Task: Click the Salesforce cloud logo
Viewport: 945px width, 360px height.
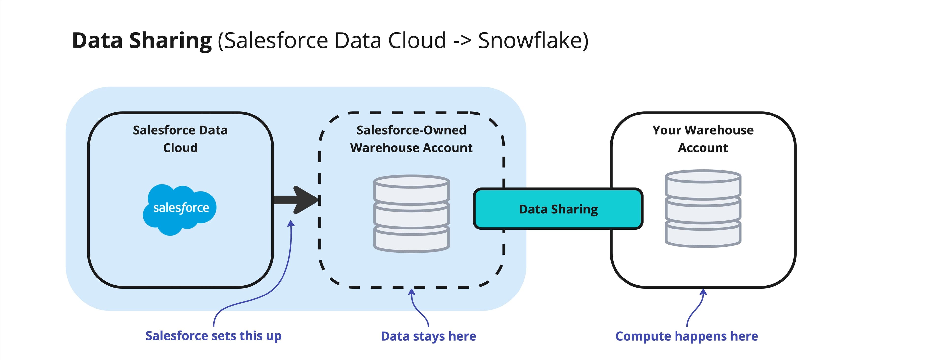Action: [179, 209]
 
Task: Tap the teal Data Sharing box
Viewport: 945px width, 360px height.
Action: [558, 209]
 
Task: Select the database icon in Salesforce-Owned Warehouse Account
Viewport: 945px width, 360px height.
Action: [411, 213]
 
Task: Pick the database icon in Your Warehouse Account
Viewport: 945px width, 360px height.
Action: [703, 208]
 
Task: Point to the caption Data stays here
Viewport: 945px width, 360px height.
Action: [428, 336]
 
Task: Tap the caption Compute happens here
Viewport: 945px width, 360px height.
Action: [686, 336]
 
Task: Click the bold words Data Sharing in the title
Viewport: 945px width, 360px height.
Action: [142, 40]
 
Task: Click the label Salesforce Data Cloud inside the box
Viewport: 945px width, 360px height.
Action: [180, 139]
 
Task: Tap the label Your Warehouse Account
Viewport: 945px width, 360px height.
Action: [703, 139]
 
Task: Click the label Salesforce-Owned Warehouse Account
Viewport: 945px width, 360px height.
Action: [411, 139]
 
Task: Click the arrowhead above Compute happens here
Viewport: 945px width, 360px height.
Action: [703, 292]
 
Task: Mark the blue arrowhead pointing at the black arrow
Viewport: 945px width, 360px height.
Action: [291, 224]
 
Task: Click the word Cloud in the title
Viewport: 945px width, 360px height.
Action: [417, 40]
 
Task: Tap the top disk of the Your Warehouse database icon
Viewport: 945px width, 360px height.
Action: [703, 177]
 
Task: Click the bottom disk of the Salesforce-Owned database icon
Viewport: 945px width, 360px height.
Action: [411, 240]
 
